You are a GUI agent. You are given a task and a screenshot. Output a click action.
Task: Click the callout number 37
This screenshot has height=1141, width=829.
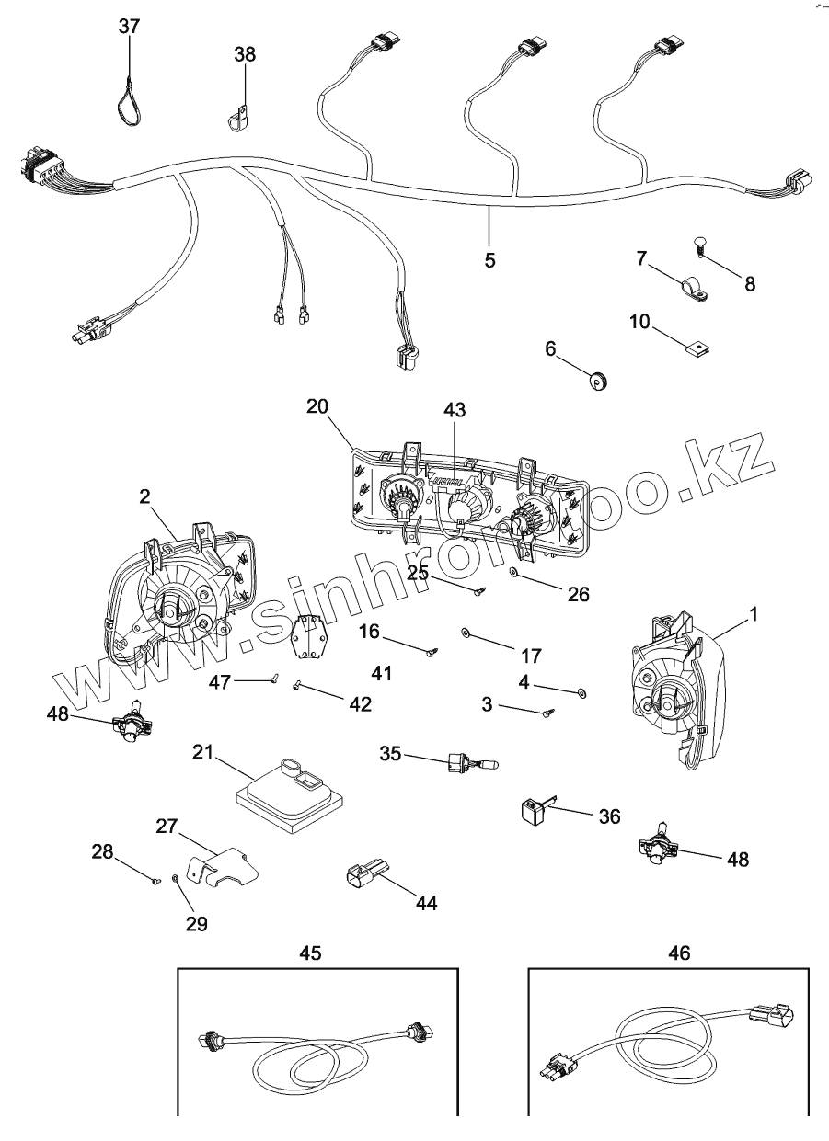click(x=130, y=26)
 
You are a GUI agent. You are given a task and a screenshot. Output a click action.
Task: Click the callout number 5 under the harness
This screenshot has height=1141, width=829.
click(x=489, y=260)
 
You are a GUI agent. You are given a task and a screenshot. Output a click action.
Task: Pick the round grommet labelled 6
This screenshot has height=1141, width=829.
click(x=600, y=377)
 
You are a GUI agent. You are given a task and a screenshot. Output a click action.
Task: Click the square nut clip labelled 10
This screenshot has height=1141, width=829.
click(x=701, y=348)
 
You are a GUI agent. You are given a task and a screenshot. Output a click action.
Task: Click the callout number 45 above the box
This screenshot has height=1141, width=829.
click(x=311, y=953)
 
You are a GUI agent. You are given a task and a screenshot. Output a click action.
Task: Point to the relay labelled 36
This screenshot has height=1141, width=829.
click(x=533, y=808)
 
